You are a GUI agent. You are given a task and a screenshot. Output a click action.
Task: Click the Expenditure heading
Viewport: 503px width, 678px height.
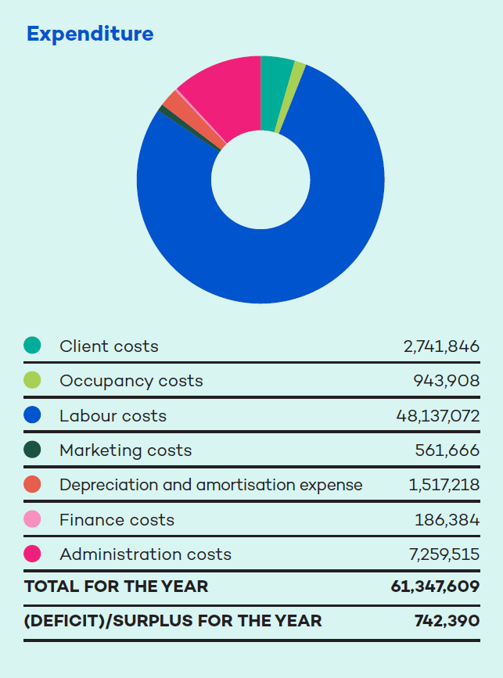(x=90, y=34)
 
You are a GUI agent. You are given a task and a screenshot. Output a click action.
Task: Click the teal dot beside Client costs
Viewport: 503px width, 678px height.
(x=32, y=346)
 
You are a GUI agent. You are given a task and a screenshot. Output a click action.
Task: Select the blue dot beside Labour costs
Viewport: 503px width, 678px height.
(x=32, y=415)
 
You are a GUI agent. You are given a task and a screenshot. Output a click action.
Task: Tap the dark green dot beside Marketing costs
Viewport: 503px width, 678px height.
(x=32, y=450)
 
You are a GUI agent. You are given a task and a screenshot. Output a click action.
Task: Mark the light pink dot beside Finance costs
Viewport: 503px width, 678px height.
(x=32, y=519)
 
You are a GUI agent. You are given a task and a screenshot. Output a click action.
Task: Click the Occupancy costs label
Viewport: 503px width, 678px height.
(x=131, y=381)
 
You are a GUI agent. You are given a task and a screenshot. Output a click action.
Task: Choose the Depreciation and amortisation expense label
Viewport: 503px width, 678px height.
(x=210, y=485)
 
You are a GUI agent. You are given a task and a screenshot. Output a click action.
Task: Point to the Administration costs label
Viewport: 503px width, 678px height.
(x=146, y=554)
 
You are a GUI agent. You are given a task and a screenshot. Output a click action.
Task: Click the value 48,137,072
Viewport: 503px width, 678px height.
(x=438, y=415)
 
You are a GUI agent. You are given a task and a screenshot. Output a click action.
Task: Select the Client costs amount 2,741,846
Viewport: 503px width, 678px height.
(x=441, y=346)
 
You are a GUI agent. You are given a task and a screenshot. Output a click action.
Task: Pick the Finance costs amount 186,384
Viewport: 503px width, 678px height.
(x=447, y=520)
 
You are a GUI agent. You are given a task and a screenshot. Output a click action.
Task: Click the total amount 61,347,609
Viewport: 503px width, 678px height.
(x=435, y=587)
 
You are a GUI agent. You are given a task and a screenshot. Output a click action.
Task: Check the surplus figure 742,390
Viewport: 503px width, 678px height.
(x=447, y=621)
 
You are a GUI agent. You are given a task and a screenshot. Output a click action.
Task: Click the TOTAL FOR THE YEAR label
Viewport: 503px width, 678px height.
(x=117, y=587)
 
